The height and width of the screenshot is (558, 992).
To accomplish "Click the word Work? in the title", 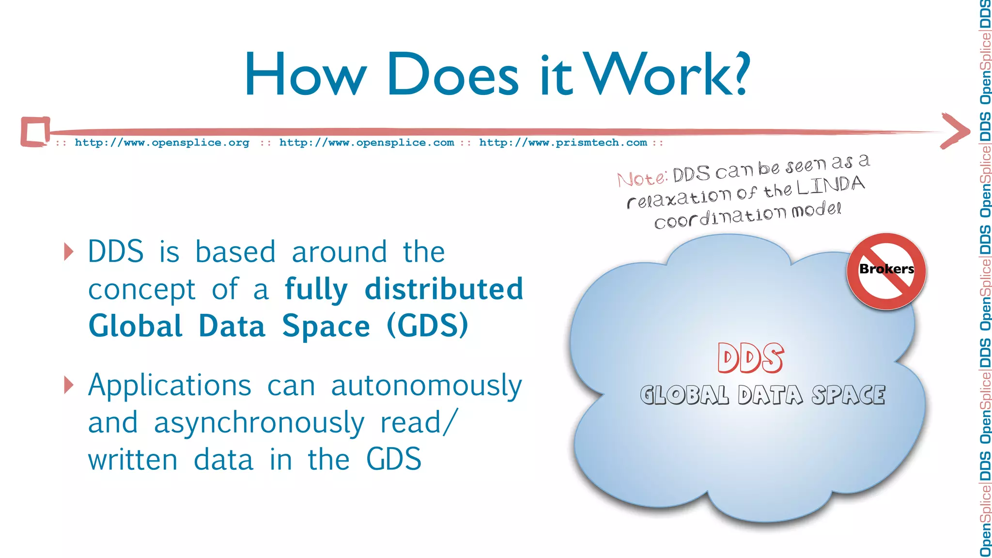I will click(668, 75).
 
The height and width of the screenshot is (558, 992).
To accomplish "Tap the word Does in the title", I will click(453, 75).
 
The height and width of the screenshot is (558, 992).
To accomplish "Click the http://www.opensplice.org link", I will click(162, 143).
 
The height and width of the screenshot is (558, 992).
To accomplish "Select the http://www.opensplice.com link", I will click(367, 143).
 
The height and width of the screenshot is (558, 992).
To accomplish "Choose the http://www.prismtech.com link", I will click(563, 143).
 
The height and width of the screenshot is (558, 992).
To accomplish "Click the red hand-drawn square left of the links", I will click(35, 131).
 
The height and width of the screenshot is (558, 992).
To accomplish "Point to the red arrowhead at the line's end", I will click(955, 131).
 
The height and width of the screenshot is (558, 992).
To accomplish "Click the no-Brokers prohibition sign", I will click(886, 271).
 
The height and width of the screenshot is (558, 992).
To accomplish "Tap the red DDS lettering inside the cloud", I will click(750, 358).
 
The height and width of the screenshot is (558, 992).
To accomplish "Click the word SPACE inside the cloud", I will click(849, 395).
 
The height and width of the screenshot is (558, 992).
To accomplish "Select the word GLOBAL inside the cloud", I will click(684, 395).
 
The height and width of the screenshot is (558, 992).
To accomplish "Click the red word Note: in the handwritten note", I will click(642, 178).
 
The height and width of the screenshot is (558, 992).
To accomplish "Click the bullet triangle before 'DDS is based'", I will click(69, 252).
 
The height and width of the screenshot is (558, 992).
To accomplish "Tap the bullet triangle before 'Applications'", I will click(69, 385).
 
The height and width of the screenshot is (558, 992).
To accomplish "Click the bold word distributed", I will click(444, 289).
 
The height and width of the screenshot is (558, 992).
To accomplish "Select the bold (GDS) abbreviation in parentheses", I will click(427, 326).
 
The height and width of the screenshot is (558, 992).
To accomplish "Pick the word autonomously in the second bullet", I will click(426, 386).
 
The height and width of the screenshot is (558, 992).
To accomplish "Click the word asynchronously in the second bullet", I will click(259, 423).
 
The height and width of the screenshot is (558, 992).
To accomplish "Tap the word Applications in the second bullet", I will click(170, 386).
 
